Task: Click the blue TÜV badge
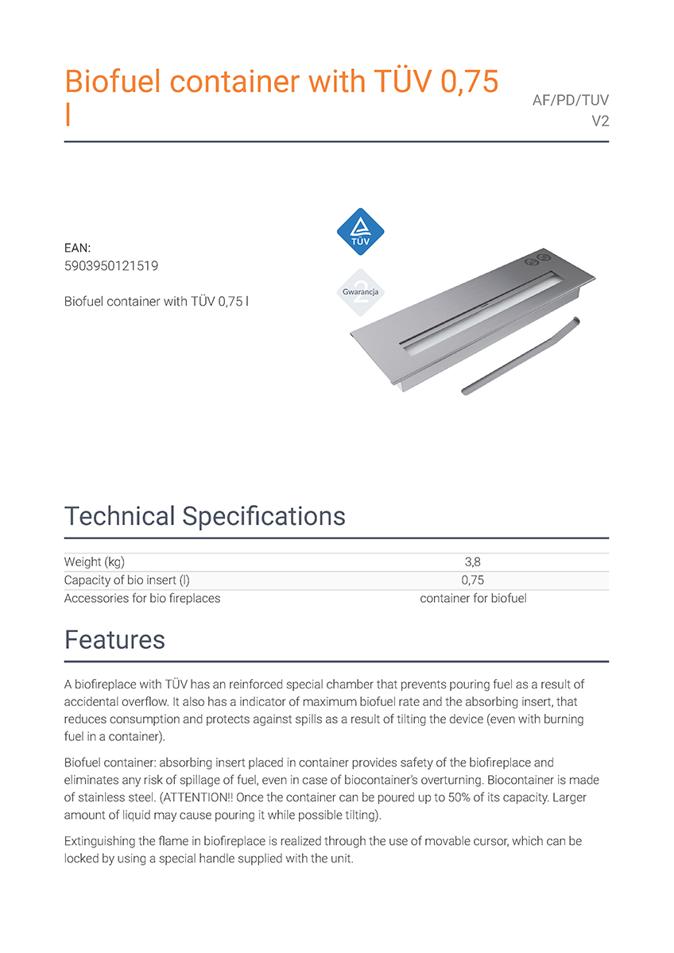point(361,231)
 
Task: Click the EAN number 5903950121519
point(110,266)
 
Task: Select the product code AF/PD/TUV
point(570,101)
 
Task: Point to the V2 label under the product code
point(600,122)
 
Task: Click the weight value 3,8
point(472,562)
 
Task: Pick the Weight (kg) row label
point(94,562)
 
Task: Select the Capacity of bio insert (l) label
point(126,581)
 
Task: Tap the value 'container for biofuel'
point(473,598)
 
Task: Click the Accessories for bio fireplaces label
point(142,598)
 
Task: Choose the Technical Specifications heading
point(205,516)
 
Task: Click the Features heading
point(114,640)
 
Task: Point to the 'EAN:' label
point(78,249)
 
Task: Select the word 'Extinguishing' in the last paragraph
point(99,840)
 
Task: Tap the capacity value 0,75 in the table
point(472,581)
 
